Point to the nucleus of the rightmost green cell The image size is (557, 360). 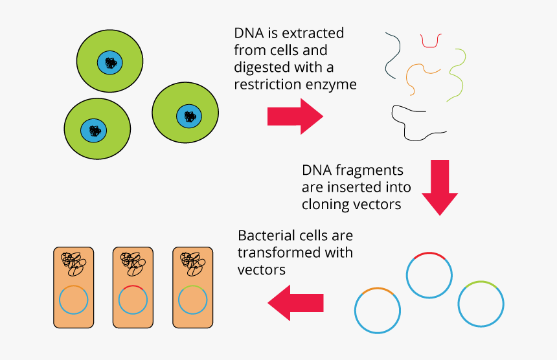[189, 116]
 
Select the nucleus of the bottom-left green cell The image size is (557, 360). [95, 130]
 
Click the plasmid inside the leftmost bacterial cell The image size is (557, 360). [73, 301]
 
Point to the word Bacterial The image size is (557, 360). [266, 235]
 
